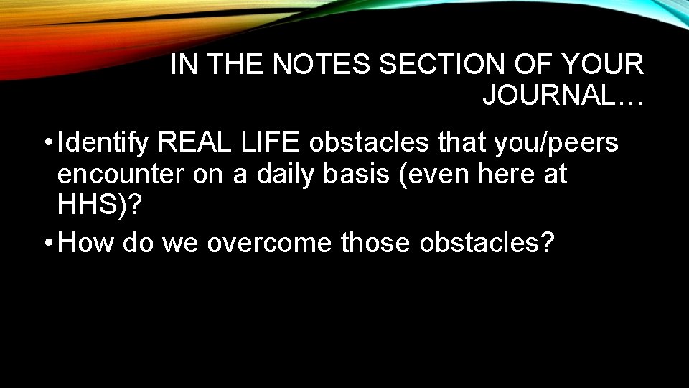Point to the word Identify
click(103, 143)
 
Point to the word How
click(86, 243)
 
